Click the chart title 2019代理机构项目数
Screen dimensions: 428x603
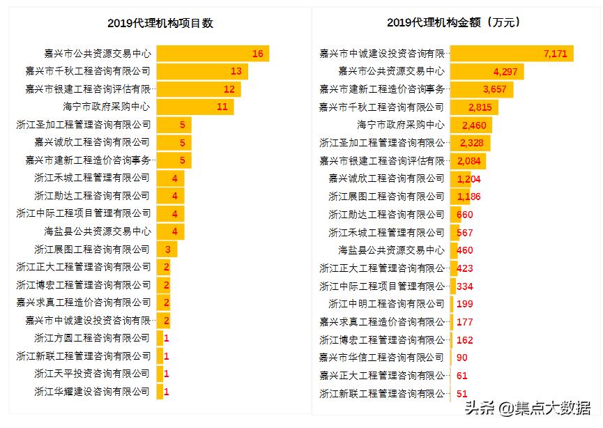pos(160,23)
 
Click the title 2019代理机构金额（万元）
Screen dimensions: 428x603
pos(455,22)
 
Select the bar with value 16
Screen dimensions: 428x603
pos(212,54)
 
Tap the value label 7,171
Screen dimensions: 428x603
pos(556,54)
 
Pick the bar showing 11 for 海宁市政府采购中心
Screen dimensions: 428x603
pos(194,107)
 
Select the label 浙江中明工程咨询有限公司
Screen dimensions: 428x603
pos(386,304)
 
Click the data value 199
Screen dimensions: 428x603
pos(465,304)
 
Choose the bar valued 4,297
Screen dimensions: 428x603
pos(486,71)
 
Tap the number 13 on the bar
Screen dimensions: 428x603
pos(236,71)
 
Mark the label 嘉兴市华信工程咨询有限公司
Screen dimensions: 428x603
pos(381,358)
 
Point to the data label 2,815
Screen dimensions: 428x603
pos(480,107)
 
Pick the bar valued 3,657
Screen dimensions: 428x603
pos(481,89)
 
